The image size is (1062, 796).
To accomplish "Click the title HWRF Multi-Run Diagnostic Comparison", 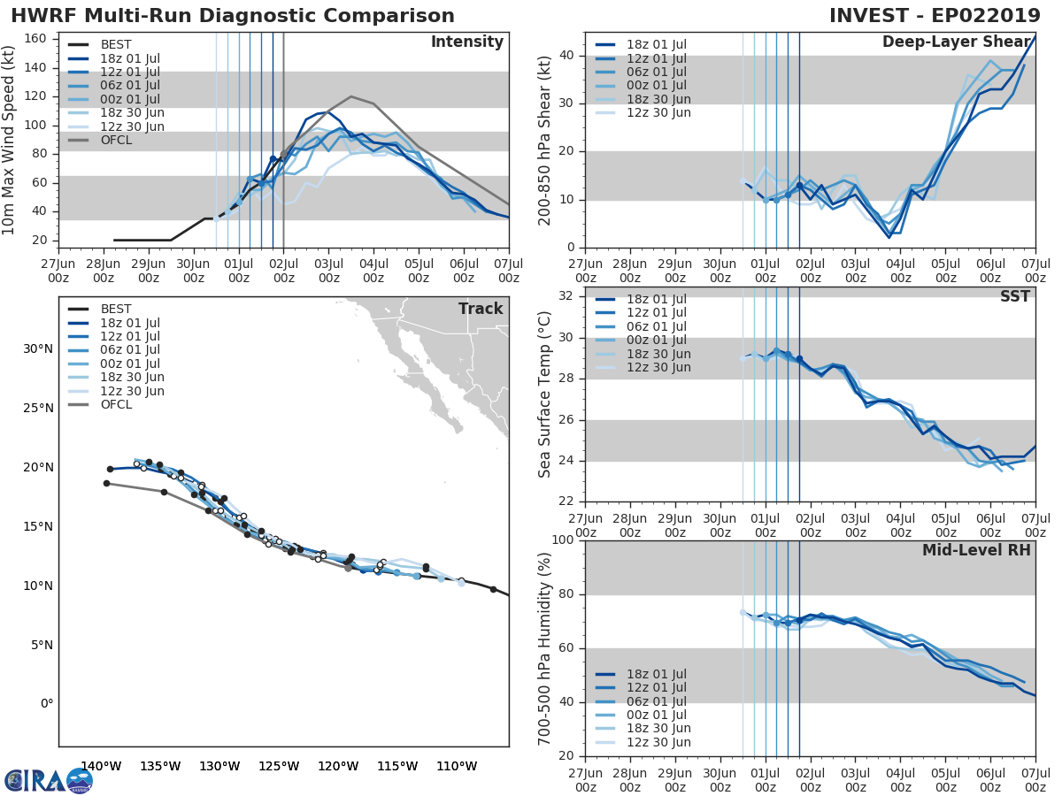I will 232,16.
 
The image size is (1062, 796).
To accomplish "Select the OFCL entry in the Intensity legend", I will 116,140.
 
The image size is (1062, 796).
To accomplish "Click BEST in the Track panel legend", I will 116,309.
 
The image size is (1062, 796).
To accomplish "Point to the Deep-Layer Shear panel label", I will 956,42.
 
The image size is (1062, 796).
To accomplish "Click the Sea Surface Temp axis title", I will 546,394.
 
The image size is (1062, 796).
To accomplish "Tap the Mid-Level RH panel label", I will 976,550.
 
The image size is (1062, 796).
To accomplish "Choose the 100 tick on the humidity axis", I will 563,540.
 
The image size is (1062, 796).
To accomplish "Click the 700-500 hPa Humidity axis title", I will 546,647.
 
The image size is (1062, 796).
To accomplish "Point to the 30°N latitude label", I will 38,348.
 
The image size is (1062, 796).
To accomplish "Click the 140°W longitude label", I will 101,766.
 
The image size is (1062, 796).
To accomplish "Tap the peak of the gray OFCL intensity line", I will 351,96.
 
